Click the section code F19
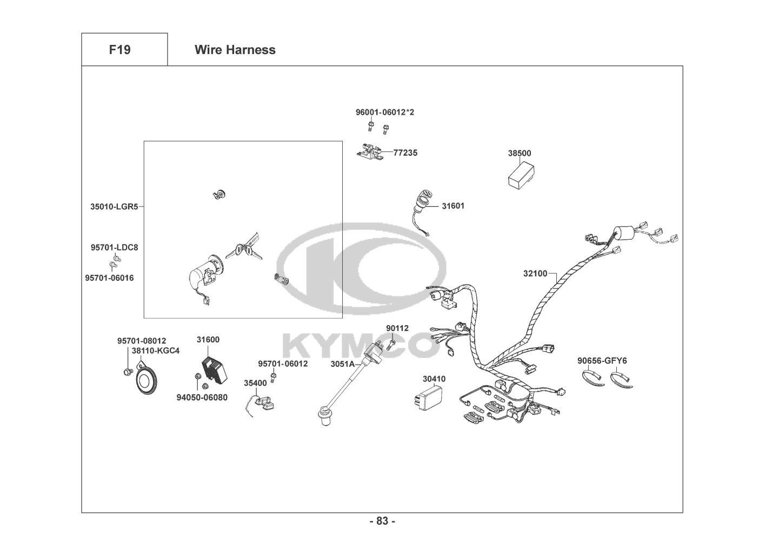119,50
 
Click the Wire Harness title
235,50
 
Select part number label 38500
519,153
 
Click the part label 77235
405,153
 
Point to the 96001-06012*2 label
384,112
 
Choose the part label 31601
453,206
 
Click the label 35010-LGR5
114,206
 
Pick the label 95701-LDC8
114,247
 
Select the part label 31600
208,340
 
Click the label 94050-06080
202,398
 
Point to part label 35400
255,383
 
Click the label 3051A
342,364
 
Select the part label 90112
397,328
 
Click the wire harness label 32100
535,273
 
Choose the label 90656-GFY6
602,360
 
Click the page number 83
382,521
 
